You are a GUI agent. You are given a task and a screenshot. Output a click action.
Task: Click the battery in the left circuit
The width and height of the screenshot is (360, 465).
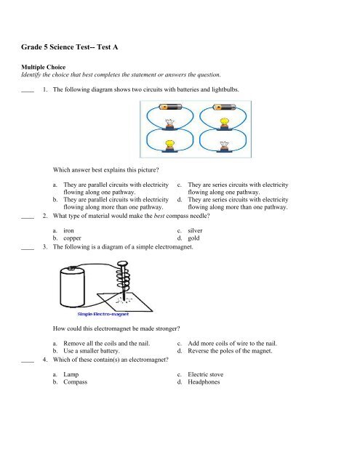170,107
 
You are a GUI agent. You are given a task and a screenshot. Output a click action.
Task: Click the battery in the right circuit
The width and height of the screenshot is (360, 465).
224,107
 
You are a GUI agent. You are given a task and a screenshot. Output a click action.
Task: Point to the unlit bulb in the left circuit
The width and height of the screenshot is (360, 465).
169,124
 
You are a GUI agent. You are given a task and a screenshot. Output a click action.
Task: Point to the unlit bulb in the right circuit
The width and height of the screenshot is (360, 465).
224,146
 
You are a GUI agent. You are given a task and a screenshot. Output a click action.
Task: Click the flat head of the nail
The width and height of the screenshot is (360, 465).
123,263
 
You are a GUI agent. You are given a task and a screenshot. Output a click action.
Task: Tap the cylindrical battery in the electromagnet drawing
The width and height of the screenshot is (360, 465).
72,286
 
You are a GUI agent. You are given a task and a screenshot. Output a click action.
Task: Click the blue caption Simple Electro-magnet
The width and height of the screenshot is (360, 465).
103,314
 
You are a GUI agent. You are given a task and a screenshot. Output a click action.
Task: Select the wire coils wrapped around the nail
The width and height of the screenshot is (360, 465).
123,280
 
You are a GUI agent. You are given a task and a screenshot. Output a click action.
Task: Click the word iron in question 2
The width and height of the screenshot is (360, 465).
68,230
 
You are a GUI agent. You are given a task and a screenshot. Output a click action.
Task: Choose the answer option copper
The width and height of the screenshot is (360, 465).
72,238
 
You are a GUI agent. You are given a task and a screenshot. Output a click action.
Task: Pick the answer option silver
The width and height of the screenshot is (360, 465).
195,230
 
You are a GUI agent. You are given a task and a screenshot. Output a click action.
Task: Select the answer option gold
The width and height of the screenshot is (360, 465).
193,238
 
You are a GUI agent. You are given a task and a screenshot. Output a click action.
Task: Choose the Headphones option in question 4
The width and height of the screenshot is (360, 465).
204,382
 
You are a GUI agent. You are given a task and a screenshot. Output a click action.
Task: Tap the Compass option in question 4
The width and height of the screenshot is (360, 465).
76,382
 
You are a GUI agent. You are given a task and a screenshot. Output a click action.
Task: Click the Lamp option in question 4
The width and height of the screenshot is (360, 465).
71,375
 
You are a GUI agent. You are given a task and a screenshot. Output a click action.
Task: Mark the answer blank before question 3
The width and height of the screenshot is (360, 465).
28,249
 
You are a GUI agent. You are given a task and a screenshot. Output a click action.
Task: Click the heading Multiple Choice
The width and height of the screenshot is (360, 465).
44,67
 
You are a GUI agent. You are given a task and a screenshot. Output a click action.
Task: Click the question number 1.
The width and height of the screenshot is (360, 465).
45,89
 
